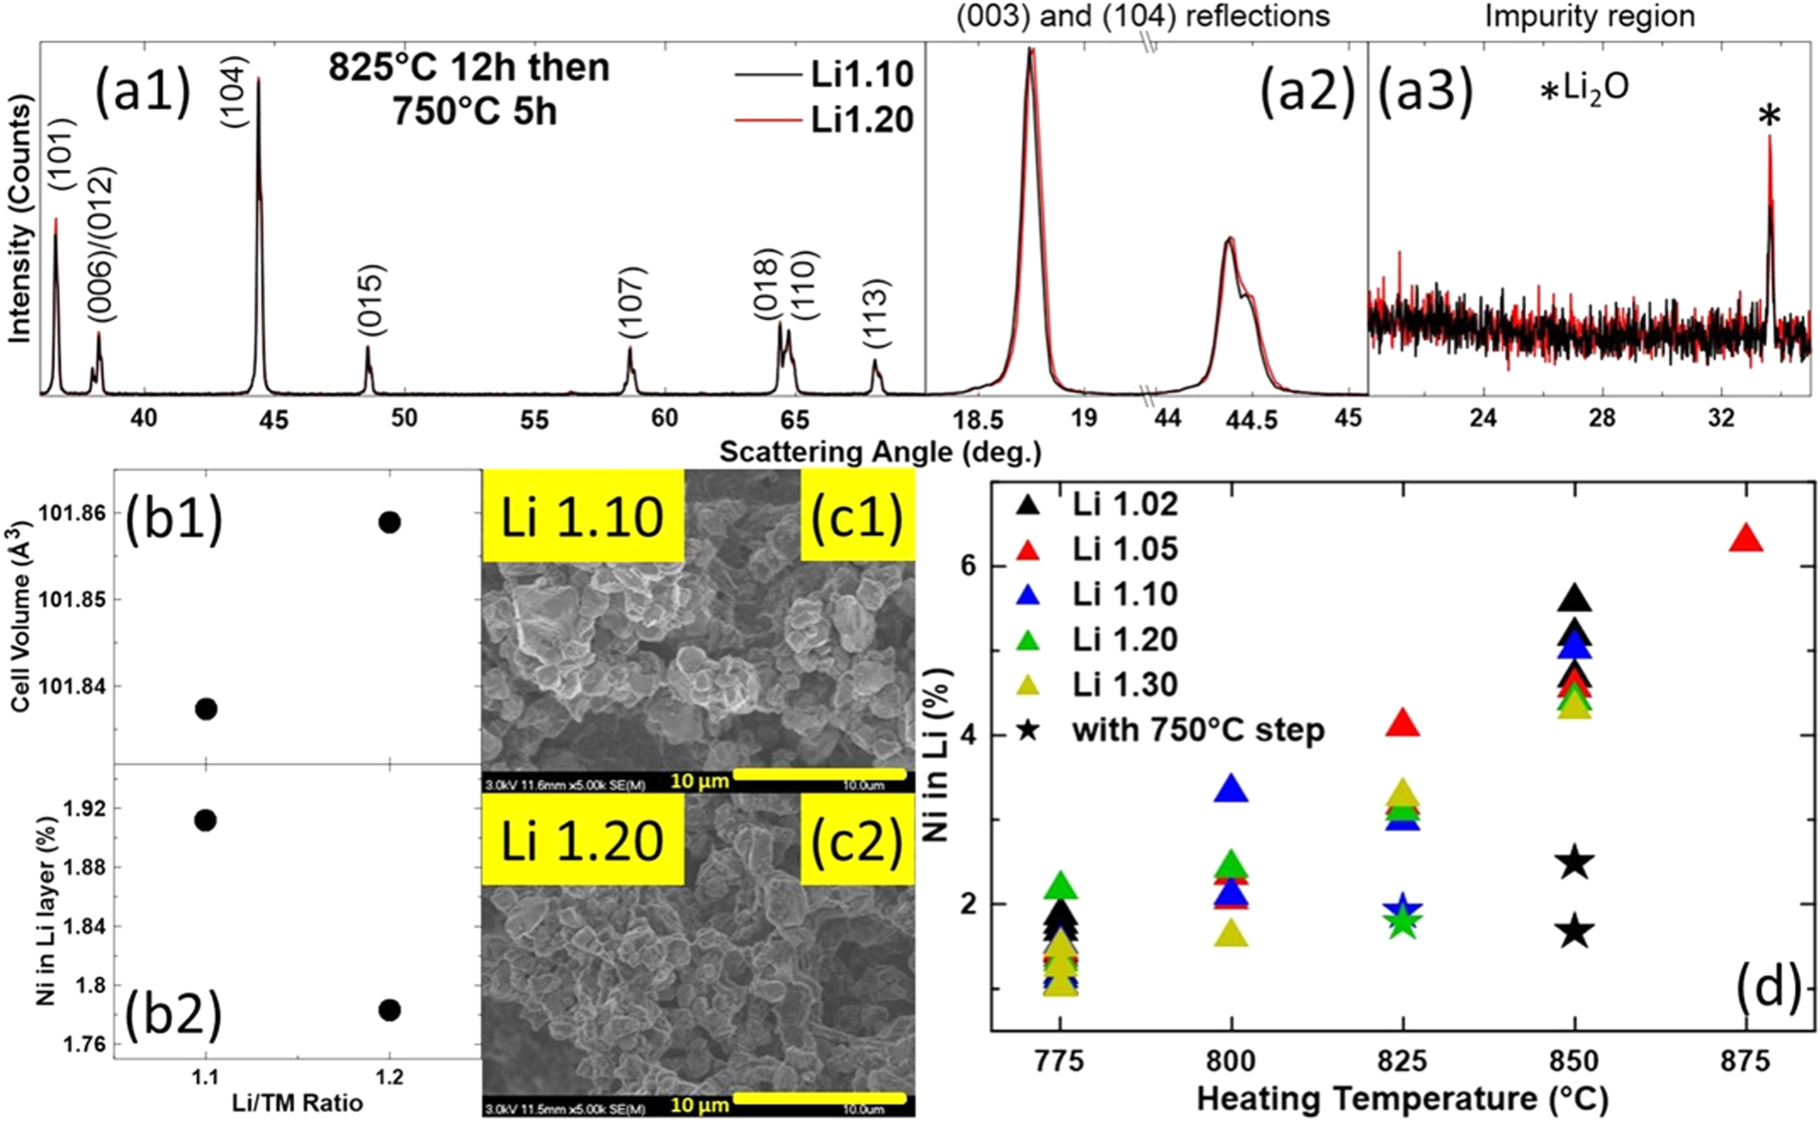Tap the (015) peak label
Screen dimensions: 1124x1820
pyautogui.click(x=370, y=299)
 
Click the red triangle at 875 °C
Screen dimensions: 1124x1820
pyautogui.click(x=1746, y=539)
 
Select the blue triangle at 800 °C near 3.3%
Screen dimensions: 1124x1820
pyautogui.click(x=1232, y=790)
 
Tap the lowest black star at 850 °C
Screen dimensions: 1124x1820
pyautogui.click(x=1575, y=932)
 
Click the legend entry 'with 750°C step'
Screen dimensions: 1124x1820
pyautogui.click(x=1198, y=730)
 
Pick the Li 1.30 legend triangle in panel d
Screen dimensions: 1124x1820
pyautogui.click(x=1028, y=685)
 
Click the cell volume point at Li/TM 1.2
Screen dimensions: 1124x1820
pyautogui.click(x=389, y=522)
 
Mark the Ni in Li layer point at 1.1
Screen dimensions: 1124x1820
pyautogui.click(x=205, y=820)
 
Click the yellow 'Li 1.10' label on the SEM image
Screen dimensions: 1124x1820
pyautogui.click(x=582, y=517)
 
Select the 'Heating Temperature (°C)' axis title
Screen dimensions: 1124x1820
pyautogui.click(x=1402, y=1098)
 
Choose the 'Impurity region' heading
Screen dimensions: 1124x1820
pyautogui.click(x=1589, y=16)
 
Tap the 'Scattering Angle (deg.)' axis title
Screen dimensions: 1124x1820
pyautogui.click(x=880, y=452)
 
